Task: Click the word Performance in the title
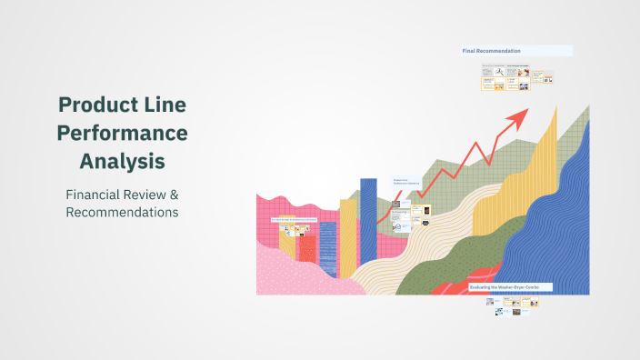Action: [x=122, y=133]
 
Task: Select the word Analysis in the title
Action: [x=122, y=161]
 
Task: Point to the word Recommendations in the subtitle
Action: [x=122, y=212]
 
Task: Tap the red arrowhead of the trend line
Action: [x=520, y=115]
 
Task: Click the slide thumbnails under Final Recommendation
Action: [x=516, y=78]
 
